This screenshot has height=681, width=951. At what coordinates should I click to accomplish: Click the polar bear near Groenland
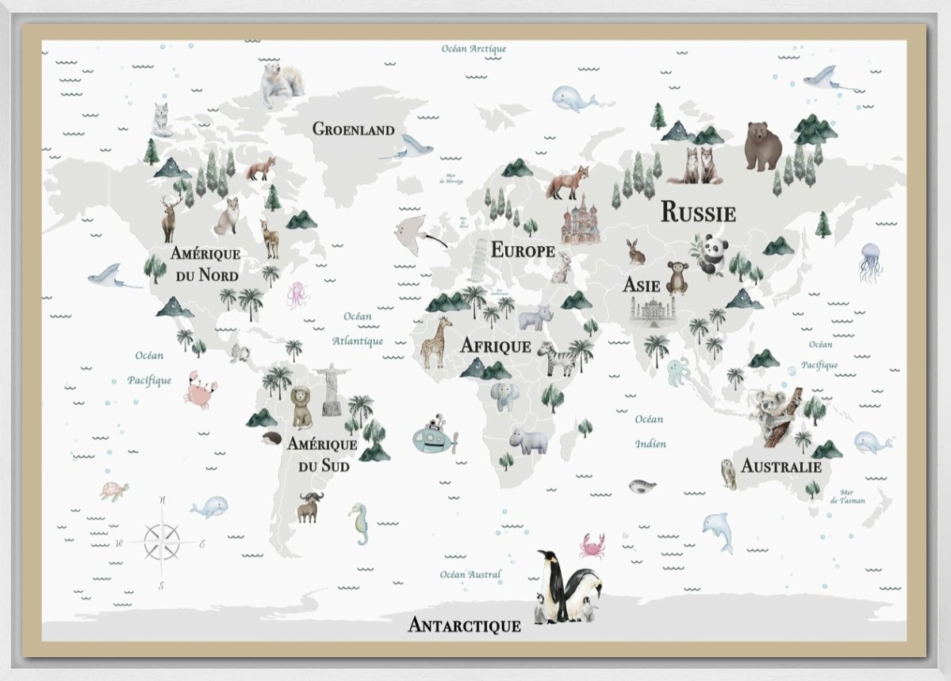(281, 84)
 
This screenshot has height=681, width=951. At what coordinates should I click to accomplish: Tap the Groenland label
(353, 129)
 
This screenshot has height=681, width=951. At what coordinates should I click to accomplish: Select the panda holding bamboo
(713, 254)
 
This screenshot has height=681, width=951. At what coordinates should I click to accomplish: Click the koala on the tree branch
(773, 413)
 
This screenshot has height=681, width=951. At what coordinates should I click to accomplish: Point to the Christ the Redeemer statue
(331, 389)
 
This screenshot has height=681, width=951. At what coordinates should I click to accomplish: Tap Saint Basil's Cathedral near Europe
(581, 219)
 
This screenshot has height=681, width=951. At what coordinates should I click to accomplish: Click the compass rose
(162, 544)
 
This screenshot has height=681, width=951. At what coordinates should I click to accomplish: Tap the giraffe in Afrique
(436, 343)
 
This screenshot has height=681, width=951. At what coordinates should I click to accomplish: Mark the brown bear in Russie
(763, 145)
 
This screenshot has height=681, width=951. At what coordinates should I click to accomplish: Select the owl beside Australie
(728, 473)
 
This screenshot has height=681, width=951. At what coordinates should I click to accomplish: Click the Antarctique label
(464, 625)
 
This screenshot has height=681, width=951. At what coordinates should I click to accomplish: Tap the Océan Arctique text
(474, 49)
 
